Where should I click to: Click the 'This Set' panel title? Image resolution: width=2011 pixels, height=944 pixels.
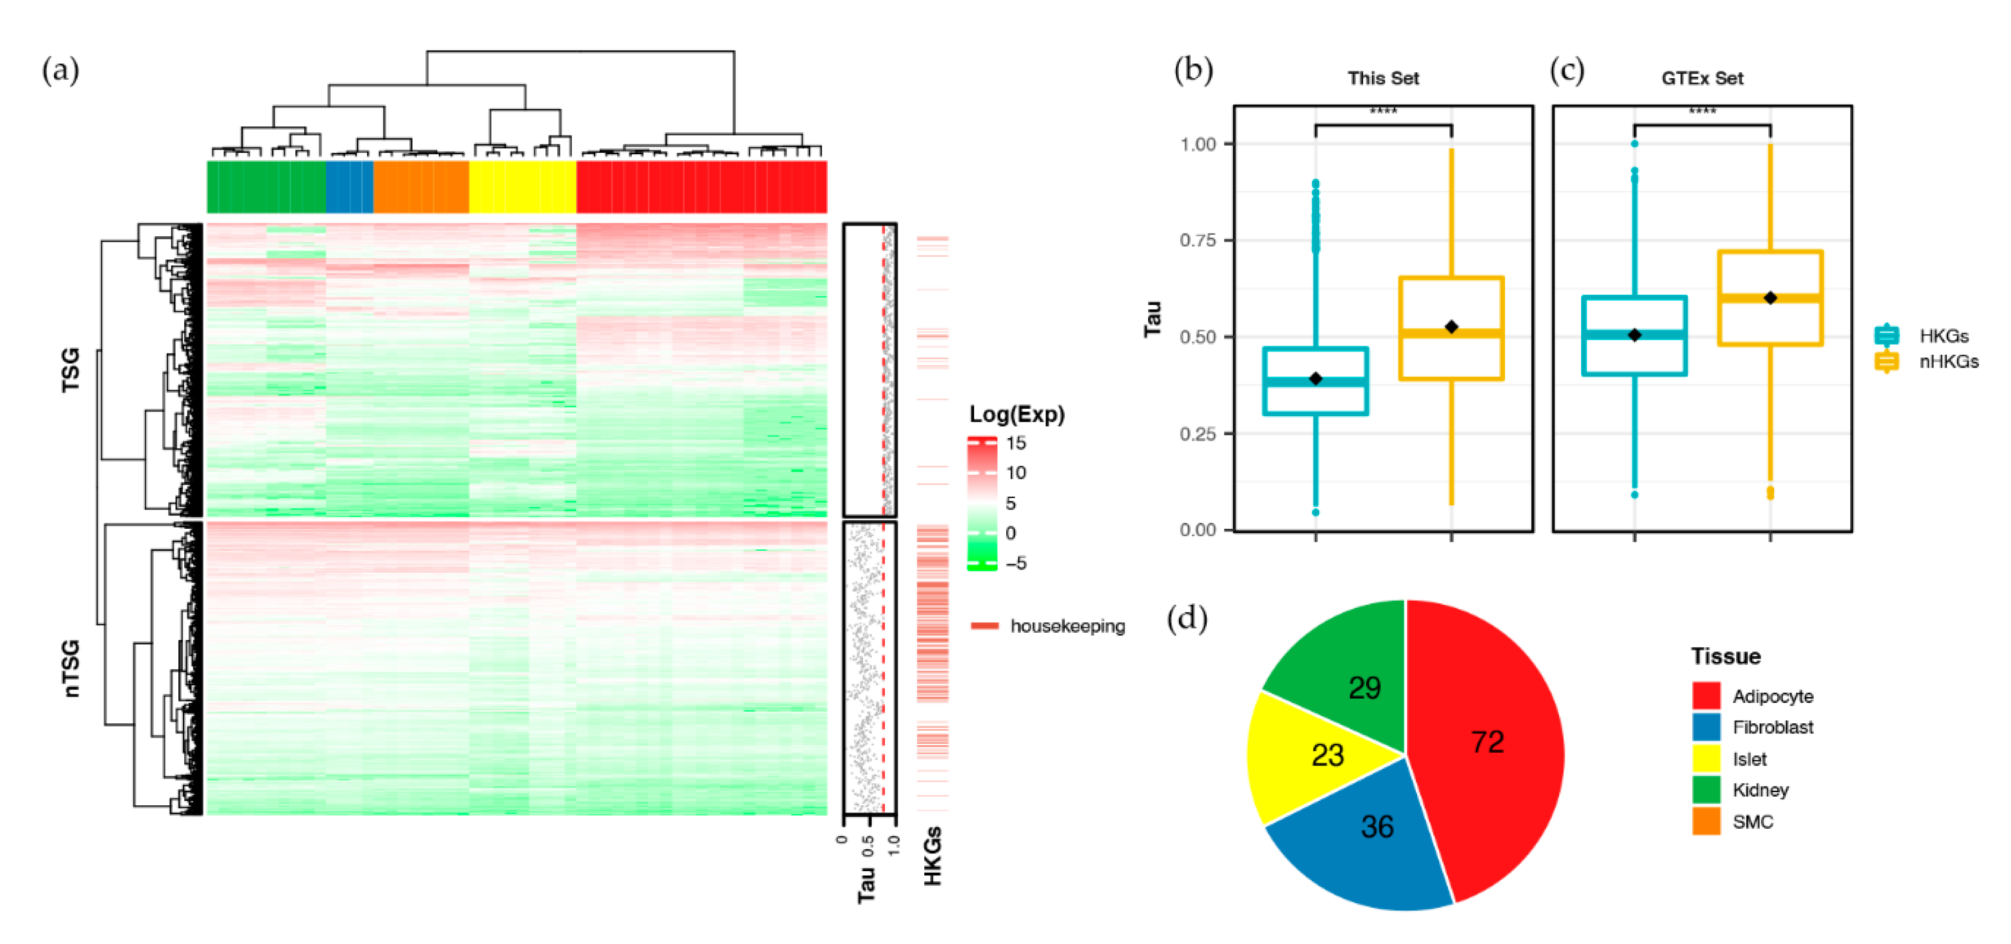[x=1382, y=78]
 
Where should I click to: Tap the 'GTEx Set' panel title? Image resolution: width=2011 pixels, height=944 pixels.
[x=1702, y=78]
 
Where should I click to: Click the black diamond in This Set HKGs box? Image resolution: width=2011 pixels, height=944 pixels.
[x=1315, y=379]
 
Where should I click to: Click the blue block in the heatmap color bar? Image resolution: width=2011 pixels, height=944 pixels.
[x=349, y=186]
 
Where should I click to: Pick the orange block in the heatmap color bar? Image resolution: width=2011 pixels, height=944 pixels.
[x=421, y=186]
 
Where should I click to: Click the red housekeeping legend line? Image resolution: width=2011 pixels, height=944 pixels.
[x=984, y=625]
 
